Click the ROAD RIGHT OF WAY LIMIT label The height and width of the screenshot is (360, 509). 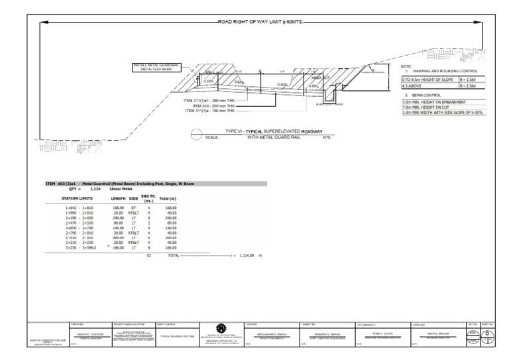259,21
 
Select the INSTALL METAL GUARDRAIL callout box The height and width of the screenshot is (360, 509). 152,67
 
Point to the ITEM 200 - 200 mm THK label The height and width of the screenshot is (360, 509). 213,105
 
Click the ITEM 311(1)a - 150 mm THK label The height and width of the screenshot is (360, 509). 209,110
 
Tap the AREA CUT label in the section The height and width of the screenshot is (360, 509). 321,78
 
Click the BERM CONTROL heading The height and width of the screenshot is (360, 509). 425,95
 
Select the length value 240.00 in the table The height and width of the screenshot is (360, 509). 118,217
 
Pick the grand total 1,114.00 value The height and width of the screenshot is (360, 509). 247,255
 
